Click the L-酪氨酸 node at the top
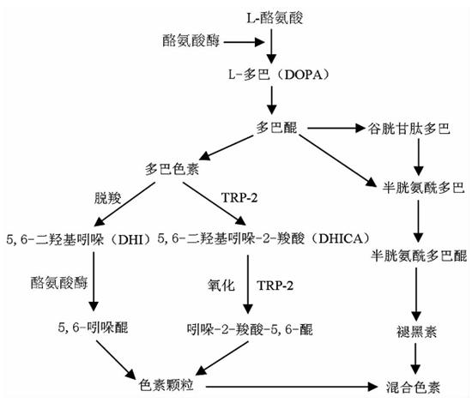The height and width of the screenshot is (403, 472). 273,17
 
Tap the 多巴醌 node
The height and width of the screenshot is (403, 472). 274,129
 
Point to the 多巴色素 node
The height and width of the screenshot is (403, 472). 173,168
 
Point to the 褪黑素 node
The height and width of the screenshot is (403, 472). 415,328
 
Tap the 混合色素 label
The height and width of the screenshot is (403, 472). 415,385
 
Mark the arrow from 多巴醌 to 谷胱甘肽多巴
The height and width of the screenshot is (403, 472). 333,129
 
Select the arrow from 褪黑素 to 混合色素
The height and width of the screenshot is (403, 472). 415,355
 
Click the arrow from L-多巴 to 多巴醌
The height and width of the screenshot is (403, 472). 273,101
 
